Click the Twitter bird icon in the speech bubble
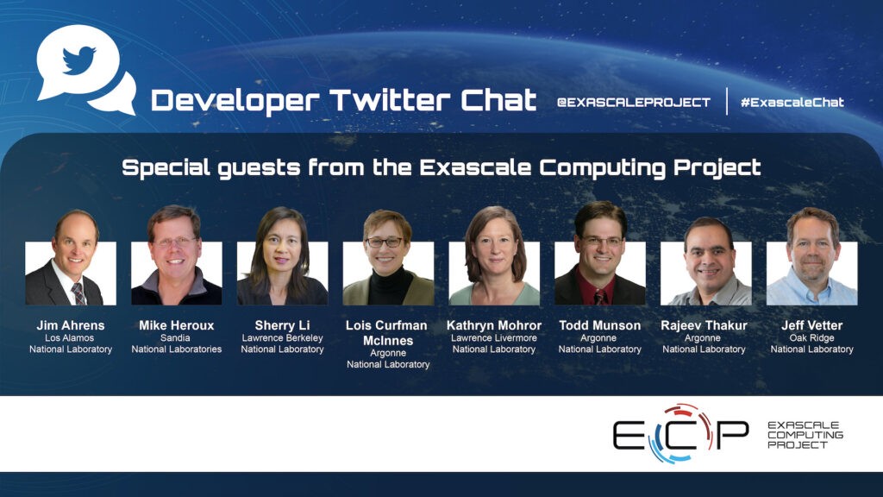coord(78,60)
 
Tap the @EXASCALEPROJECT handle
coord(634,102)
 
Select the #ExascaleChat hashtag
coord(792,102)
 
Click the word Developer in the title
coord(235,101)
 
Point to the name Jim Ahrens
coord(71,325)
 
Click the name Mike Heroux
coord(176,325)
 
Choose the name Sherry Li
coord(282,325)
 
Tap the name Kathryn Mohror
coord(494,325)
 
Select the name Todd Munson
coord(600,325)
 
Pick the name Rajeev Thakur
coord(704,325)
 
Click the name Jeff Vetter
coord(811,325)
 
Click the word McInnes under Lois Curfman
coord(388,340)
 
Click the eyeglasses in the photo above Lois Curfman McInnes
coord(385,242)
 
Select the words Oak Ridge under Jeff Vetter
coord(811,337)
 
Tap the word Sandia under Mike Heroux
coord(175,337)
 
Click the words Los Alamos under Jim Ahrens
coord(69,337)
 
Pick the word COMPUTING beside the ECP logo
coord(805,435)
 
